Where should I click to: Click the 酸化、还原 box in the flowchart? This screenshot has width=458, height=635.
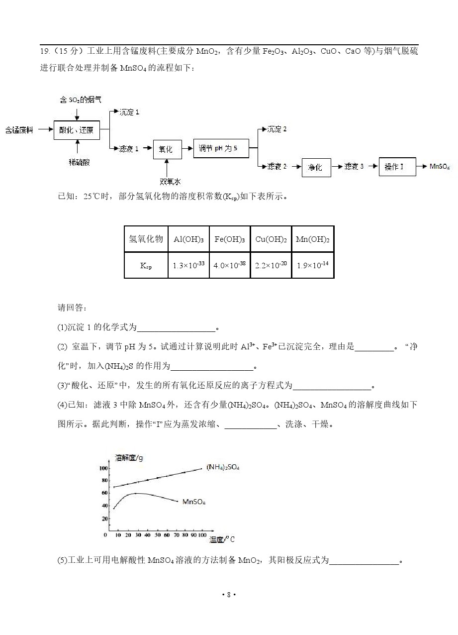point(77,130)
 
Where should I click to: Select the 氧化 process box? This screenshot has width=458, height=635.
point(168,149)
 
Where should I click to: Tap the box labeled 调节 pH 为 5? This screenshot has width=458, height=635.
point(221,148)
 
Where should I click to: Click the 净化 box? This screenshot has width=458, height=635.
point(316,168)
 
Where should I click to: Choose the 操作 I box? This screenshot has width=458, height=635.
point(397,167)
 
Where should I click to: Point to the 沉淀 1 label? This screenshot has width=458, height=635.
point(129,112)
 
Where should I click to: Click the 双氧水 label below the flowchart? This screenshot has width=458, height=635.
point(170,182)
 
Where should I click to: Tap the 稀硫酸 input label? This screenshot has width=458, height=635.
point(79,162)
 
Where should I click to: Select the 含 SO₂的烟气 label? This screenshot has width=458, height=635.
point(81,100)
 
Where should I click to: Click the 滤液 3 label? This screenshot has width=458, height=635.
point(354,166)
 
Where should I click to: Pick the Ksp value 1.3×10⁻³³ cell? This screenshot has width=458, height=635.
point(188,265)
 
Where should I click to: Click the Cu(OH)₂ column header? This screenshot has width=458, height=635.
point(271,239)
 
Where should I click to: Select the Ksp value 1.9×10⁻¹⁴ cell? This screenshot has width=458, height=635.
point(313,265)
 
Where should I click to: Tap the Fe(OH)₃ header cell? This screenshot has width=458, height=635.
point(230,239)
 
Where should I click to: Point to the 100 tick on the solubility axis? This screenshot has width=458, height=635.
point(103,468)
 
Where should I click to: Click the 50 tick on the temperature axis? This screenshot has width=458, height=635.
point(158,535)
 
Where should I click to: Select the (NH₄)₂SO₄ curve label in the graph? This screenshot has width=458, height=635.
point(223,467)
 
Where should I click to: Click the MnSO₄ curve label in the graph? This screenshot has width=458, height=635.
point(194,502)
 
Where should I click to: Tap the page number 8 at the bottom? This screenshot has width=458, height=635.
point(229,595)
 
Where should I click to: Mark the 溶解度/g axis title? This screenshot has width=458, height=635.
point(129,458)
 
